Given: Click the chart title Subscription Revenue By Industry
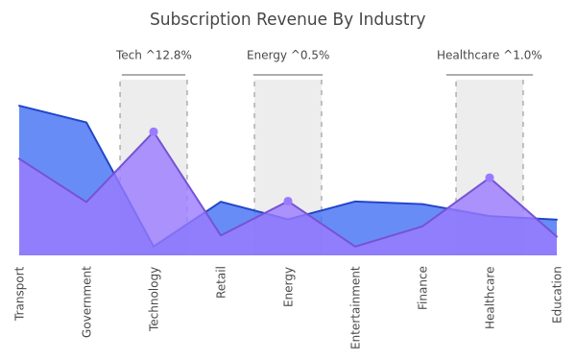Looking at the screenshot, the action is (x=288, y=19).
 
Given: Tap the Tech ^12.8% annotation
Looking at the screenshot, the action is (x=154, y=55).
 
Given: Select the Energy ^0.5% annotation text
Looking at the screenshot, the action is (x=288, y=55).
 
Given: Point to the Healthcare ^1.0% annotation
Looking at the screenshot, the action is (x=490, y=55).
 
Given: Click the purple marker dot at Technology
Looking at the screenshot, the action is (x=154, y=132).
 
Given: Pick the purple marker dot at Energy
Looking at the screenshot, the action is (x=288, y=202).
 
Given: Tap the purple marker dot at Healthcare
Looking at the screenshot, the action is (x=490, y=178).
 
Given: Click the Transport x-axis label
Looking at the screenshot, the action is (x=19, y=294).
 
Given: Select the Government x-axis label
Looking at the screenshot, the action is (x=86, y=301).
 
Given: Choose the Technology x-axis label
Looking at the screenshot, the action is (x=154, y=299).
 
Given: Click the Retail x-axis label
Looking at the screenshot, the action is (x=221, y=282).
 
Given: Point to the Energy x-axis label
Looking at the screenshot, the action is (x=288, y=286).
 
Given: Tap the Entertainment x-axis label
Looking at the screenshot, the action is (x=355, y=307).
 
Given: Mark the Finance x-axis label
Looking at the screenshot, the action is (x=422, y=288).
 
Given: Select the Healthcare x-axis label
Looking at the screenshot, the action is (x=490, y=298).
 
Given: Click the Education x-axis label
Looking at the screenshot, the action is (x=557, y=295).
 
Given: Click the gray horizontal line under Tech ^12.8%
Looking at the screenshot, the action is (x=154, y=75).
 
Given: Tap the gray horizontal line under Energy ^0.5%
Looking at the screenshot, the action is (x=288, y=75).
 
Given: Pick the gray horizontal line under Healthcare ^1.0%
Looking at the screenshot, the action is (x=490, y=75).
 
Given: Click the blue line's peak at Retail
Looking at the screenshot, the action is (x=221, y=202).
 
